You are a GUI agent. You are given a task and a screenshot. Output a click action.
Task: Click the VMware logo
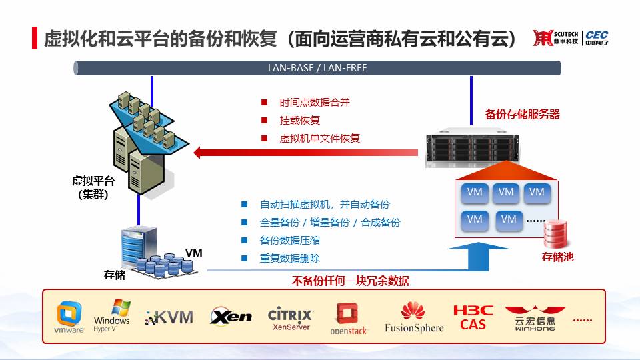click(x=69, y=317)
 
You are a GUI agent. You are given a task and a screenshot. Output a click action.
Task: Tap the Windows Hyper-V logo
click(x=112, y=315)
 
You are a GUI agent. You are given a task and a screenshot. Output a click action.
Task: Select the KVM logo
click(x=169, y=317)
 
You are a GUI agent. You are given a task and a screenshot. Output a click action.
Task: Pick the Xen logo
click(x=231, y=316)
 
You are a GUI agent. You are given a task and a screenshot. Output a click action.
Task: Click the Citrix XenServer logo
click(x=290, y=319)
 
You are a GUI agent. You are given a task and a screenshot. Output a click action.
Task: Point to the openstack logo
click(x=348, y=319)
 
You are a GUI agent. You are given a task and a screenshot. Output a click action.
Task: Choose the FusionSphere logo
click(x=414, y=317)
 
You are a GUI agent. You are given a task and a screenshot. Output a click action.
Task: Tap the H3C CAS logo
click(x=473, y=317)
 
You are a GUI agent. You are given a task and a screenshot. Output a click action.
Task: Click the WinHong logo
click(x=535, y=318)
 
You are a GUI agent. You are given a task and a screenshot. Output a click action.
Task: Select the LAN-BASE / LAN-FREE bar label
click(x=317, y=68)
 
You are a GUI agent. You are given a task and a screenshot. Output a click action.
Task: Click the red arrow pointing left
click(x=305, y=153)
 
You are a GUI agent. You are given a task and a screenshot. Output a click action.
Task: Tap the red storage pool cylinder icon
click(x=555, y=234)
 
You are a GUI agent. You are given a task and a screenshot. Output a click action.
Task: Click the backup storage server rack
click(x=471, y=148)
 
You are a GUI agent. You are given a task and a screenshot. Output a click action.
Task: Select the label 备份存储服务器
click(x=523, y=114)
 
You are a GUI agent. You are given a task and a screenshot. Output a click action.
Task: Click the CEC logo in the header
click(x=597, y=38)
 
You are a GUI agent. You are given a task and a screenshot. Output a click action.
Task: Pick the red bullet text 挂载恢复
click(x=299, y=121)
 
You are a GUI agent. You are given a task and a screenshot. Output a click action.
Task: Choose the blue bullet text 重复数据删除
click(x=290, y=259)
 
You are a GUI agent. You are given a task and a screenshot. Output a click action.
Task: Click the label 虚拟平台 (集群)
click(x=93, y=187)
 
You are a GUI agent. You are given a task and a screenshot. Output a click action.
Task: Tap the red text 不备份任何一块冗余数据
click(x=350, y=281)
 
